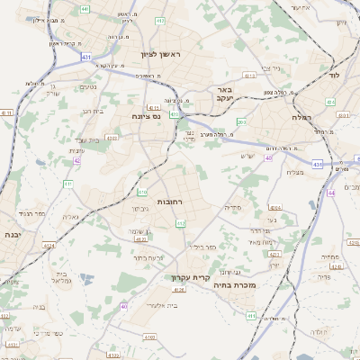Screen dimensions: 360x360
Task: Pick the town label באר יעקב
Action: coord(226,95)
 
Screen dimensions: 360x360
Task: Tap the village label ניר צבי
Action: coord(270,67)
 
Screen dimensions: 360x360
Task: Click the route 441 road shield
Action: coord(84,8)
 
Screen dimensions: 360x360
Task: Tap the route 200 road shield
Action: coord(241,121)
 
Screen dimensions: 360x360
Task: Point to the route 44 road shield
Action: coord(331,192)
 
